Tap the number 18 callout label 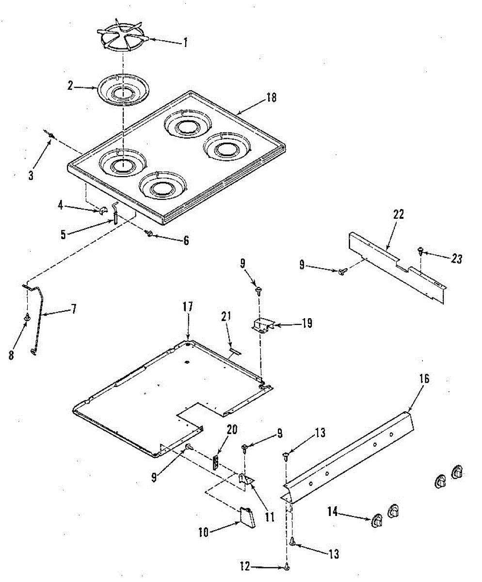(x=271, y=97)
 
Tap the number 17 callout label (x=188, y=307)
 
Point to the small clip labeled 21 (x=235, y=350)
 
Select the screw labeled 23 (x=420, y=251)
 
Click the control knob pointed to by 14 (x=377, y=521)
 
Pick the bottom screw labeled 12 (x=288, y=566)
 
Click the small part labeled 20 (x=216, y=462)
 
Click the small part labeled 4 (x=102, y=210)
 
